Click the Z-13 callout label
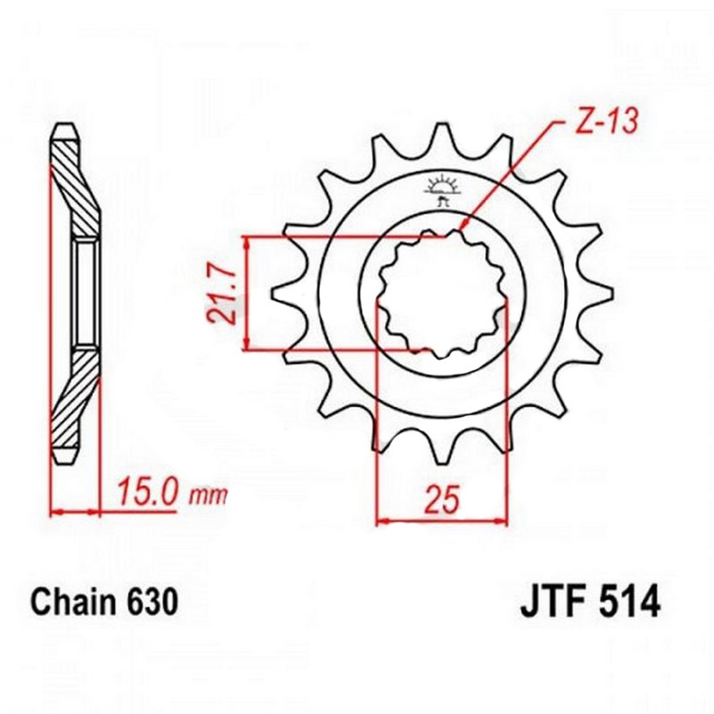point(605,122)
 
